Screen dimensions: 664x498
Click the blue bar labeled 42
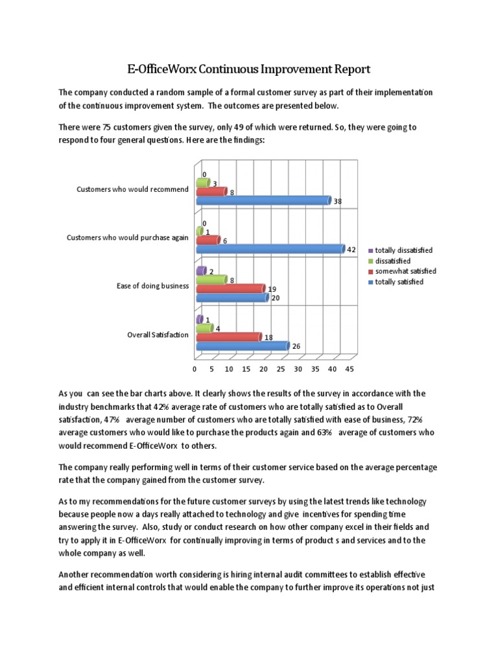point(270,249)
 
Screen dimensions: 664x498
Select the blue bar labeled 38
point(263,201)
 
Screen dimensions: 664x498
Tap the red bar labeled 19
point(230,289)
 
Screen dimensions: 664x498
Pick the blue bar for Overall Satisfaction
point(242,346)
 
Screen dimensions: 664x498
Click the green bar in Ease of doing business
point(211,280)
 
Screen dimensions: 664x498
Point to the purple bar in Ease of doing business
point(200,270)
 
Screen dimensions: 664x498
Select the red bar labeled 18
point(228,337)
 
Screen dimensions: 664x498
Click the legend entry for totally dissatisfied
point(404,250)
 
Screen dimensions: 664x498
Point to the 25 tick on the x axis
point(281,370)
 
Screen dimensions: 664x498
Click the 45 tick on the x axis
point(350,370)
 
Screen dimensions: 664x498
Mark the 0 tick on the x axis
point(195,370)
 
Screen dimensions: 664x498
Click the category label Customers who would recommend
point(132,189)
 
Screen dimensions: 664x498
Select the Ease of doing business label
point(152,286)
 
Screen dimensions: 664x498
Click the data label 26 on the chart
point(296,347)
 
